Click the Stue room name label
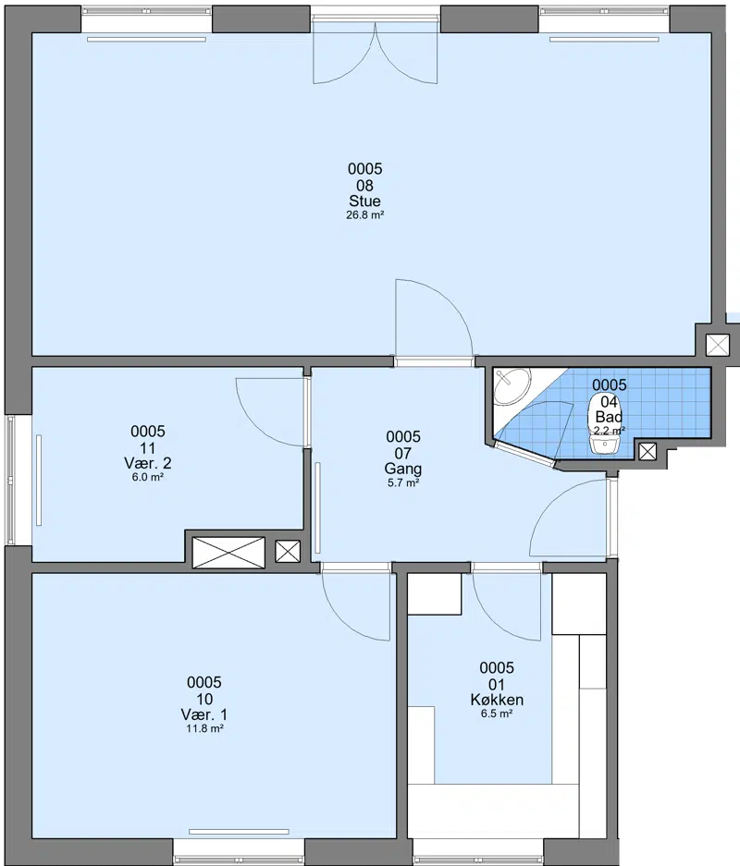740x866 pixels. [x=364, y=201]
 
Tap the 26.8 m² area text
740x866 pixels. [x=364, y=215]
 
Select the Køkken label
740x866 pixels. [x=497, y=700]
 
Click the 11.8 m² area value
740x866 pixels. [x=204, y=728]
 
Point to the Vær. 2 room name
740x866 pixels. [x=148, y=463]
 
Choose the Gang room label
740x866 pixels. [x=403, y=469]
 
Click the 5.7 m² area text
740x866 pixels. [x=403, y=483]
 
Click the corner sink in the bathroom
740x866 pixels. [x=512, y=386]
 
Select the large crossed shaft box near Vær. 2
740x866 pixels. [x=228, y=553]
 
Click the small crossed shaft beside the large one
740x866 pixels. [x=288, y=551]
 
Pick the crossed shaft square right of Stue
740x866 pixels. [x=718, y=345]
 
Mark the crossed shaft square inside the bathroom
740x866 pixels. [x=647, y=452]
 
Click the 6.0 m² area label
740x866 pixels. [x=148, y=478]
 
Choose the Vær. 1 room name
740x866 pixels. [x=204, y=714]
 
